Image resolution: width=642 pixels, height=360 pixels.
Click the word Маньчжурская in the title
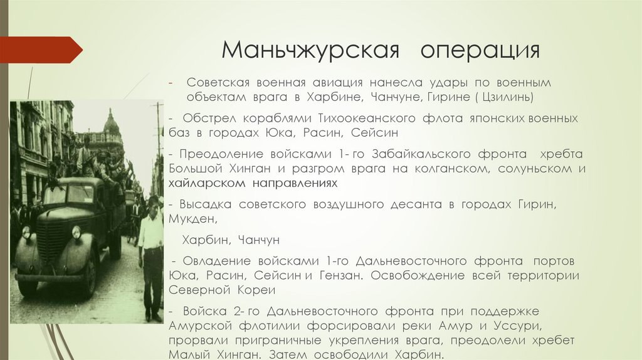pyautogui.click(x=310, y=50)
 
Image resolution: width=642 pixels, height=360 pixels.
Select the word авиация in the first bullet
pyautogui.click(x=338, y=83)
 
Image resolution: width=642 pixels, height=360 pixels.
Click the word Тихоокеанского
pyautogui.click(x=367, y=119)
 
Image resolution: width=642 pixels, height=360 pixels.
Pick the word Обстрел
pyautogui.click(x=209, y=119)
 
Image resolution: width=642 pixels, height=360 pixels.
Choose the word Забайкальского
pyautogui.click(x=421, y=154)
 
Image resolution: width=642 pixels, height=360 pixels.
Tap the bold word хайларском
pyautogui.click(x=207, y=183)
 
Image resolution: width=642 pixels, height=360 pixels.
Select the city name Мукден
pyautogui.click(x=191, y=219)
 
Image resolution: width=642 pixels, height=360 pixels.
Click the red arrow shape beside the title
pyautogui.click(x=41, y=50)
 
